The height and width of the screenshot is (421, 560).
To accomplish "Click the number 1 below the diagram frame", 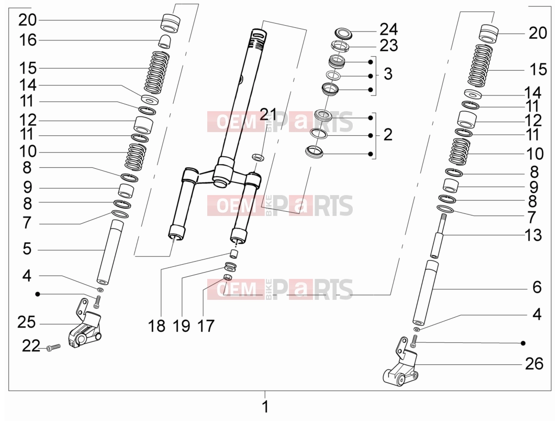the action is click(x=265, y=407).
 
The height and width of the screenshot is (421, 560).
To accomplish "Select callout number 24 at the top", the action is click(x=388, y=29).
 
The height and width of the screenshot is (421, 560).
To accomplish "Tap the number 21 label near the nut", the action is click(x=268, y=114).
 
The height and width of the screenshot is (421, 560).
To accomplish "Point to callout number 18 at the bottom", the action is click(x=156, y=326).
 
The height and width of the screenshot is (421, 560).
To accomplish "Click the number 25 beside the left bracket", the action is click(x=27, y=322).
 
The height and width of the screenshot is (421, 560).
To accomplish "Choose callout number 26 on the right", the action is click(x=534, y=363).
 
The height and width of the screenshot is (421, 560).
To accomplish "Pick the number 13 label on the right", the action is click(x=533, y=235).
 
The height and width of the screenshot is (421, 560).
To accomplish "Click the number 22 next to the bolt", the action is click(x=31, y=346).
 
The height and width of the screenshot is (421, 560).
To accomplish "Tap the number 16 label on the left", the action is click(x=28, y=40).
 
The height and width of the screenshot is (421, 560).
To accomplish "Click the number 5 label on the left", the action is click(x=27, y=249).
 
